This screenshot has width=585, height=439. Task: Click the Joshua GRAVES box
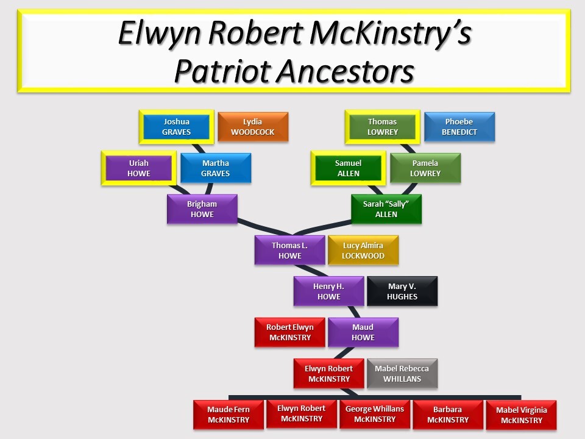(x=177, y=127)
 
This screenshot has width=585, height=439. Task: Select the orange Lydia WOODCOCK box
(x=253, y=127)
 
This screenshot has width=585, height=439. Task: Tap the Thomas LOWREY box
(x=383, y=127)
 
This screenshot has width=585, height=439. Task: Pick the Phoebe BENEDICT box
(x=459, y=127)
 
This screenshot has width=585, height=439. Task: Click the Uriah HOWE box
(x=139, y=168)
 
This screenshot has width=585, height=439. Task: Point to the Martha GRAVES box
(x=216, y=168)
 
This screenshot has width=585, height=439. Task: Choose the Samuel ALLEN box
(x=349, y=168)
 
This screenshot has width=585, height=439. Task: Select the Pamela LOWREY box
(x=425, y=168)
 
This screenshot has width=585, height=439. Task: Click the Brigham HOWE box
(x=202, y=209)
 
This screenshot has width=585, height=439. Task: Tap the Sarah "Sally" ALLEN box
(x=386, y=209)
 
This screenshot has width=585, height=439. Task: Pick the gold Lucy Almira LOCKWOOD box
(x=363, y=250)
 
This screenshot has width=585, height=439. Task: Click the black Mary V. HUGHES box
(x=402, y=291)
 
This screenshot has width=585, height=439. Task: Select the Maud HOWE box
(x=363, y=332)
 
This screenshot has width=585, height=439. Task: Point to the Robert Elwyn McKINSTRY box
(x=290, y=332)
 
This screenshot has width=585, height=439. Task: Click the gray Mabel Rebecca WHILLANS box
(x=402, y=373)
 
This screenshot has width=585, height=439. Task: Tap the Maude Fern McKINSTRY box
(x=229, y=415)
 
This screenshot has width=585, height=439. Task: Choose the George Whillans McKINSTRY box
(x=375, y=415)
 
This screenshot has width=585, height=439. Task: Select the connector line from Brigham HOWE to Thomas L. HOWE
(x=264, y=227)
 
